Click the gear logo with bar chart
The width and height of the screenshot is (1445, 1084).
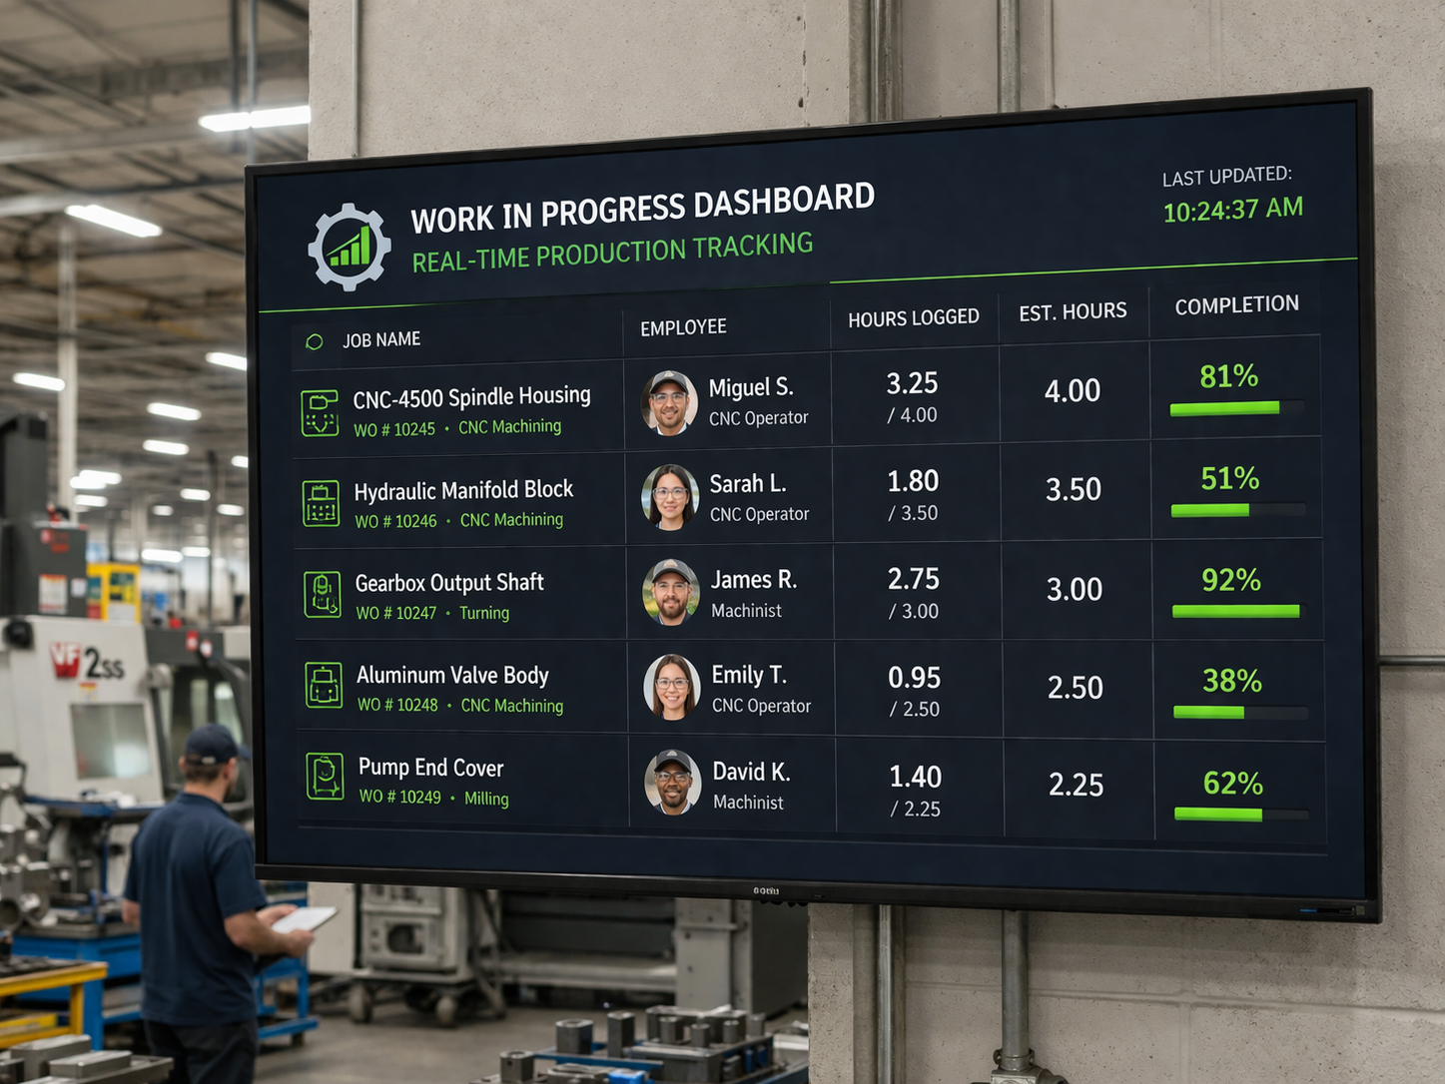point(349,247)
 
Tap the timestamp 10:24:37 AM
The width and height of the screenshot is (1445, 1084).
point(1232,210)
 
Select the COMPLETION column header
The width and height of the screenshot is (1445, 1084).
point(1236,305)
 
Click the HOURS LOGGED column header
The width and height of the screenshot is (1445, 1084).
point(913,318)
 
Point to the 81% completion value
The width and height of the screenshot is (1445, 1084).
point(1228,376)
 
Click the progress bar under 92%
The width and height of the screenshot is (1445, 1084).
point(1235,611)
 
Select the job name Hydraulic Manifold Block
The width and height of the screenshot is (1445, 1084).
point(463,490)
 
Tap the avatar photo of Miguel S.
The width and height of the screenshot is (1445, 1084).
point(669,402)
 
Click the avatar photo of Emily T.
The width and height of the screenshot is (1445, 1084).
point(672,687)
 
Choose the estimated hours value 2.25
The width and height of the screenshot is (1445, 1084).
point(1076,785)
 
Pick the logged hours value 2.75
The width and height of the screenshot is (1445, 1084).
point(913,579)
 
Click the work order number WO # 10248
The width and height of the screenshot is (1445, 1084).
point(397,705)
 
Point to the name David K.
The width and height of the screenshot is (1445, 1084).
point(751,772)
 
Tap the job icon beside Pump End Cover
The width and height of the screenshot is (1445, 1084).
point(325,777)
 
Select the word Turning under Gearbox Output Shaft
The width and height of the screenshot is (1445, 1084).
point(484,613)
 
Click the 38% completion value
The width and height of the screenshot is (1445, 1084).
point(1231,681)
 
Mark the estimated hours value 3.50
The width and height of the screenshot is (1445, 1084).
point(1074,489)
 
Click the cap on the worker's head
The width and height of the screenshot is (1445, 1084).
point(212,744)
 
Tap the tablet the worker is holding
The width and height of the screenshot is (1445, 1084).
point(304,918)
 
